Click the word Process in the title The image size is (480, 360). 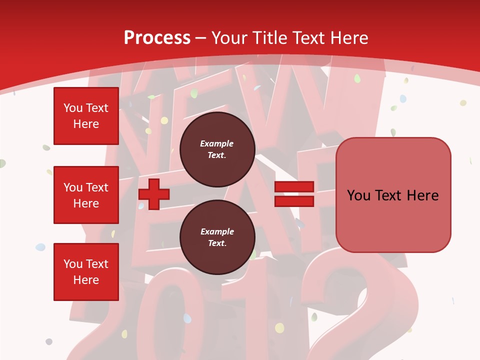[x=157, y=38]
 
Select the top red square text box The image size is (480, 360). [x=86, y=116]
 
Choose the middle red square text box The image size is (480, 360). [x=86, y=195]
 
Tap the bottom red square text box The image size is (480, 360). [x=86, y=272]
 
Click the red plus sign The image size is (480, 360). [x=154, y=194]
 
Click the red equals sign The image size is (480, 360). [x=294, y=194]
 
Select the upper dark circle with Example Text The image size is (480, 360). [x=217, y=149]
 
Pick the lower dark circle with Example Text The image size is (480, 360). [x=217, y=237]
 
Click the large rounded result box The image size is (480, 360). [x=393, y=195]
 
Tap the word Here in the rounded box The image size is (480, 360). [x=422, y=195]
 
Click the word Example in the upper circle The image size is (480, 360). [x=217, y=143]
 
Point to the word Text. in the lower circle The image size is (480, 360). [x=217, y=243]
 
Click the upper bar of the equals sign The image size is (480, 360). [x=294, y=187]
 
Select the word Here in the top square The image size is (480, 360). [x=86, y=124]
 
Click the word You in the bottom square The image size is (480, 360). [x=73, y=264]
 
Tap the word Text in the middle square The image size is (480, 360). [x=97, y=187]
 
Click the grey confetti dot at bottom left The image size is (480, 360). [x=49, y=341]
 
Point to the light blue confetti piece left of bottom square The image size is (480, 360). [x=40, y=247]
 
